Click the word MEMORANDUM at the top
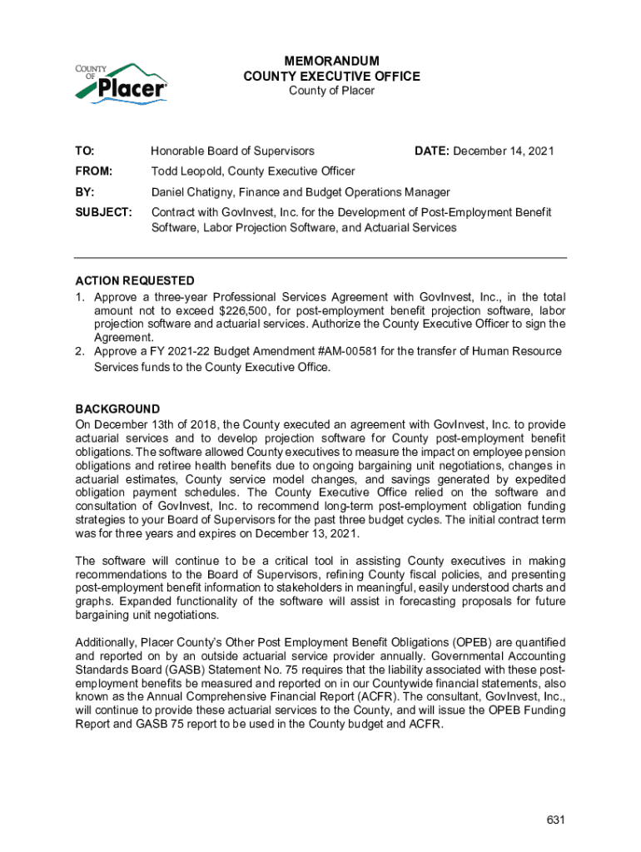pos(331,62)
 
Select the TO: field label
pos(85,151)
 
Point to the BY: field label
pos(84,192)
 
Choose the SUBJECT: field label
pos(103,213)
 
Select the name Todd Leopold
pos(185,171)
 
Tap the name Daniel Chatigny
pos(191,192)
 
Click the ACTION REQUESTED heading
pos(135,280)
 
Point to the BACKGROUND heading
pos(117,409)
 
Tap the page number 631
pos(556,820)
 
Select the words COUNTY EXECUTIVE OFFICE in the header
pos(331,77)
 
